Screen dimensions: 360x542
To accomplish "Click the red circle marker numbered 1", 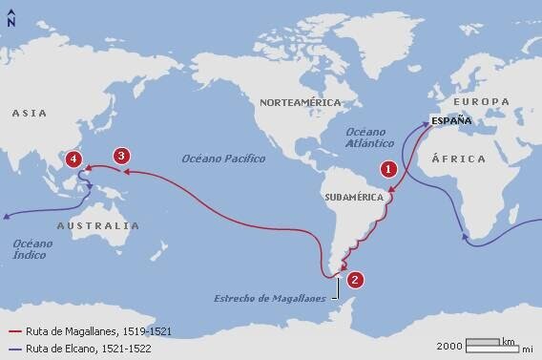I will pyautogui.click(x=388, y=168).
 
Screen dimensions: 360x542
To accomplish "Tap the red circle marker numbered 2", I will pyautogui.click(x=355, y=280).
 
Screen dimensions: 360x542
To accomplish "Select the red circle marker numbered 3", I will pyautogui.click(x=120, y=156).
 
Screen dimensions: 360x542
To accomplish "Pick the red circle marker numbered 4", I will pyautogui.click(x=74, y=160).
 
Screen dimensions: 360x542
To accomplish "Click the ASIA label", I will pyautogui.click(x=30, y=114).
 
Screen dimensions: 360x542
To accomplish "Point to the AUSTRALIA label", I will pyautogui.click(x=97, y=226).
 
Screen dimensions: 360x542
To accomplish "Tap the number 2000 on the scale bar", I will pyautogui.click(x=450, y=346).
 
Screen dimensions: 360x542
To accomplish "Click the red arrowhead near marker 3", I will pyautogui.click(x=130, y=173).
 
